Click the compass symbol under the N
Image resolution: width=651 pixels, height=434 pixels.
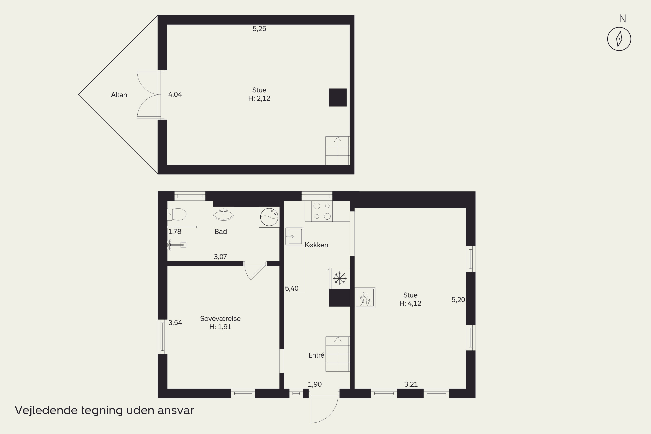[619, 39]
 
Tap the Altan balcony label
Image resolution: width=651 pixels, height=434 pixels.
[119, 95]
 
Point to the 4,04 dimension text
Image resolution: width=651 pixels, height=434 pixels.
[175, 95]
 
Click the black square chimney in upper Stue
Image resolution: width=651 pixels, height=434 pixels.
[338, 97]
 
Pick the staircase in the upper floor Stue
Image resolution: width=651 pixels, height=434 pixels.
[338, 151]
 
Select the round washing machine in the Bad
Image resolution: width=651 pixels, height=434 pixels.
[269, 217]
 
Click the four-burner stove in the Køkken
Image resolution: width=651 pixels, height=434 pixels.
[322, 211]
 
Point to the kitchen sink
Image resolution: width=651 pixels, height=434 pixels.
[294, 236]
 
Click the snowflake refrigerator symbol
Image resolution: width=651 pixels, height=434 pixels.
[339, 278]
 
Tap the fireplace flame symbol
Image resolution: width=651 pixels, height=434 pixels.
[365, 298]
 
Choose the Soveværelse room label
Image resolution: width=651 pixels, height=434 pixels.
[220, 319]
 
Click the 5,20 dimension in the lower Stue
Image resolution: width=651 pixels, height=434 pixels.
[458, 300]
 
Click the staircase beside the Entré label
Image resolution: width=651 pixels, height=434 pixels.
[338, 354]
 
